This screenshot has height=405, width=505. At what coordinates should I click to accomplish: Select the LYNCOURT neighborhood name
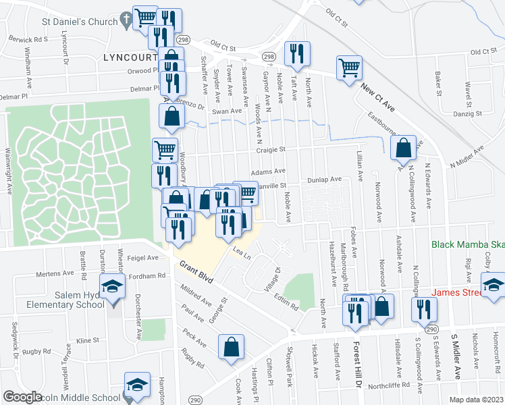point(133,57)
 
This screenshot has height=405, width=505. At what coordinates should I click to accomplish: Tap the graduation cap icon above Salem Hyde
point(112,287)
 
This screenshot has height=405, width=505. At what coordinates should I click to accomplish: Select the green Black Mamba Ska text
point(468,247)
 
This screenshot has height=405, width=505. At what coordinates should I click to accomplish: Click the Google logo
point(22,397)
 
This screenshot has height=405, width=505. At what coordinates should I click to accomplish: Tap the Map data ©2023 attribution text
point(476,400)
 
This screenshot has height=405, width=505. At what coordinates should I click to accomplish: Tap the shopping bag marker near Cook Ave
point(232,347)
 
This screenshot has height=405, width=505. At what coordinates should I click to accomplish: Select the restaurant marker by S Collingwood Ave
point(426,308)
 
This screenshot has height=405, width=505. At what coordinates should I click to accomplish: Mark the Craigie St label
point(269,150)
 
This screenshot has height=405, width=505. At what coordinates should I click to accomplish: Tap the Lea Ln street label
point(242,254)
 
